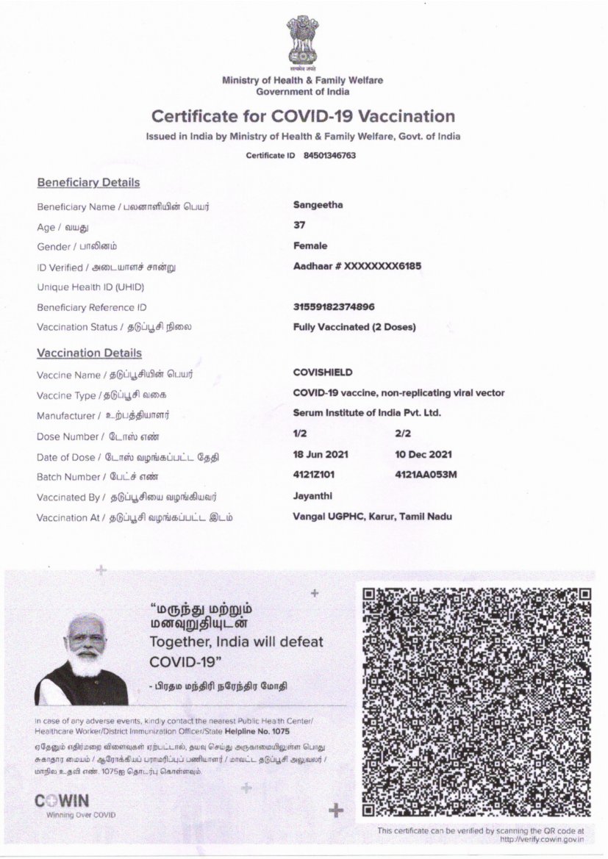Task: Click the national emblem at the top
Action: coord(302,43)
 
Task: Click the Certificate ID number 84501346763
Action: coord(329,156)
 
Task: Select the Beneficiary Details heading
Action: coord(88,182)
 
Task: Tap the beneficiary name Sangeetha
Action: coord(318,205)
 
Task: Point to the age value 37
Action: coord(298,225)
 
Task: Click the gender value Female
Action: coord(310,245)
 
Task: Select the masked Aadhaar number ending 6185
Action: coord(357,266)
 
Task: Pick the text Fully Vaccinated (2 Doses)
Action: coord(354,327)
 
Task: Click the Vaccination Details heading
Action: coord(90,353)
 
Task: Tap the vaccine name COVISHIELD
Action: coord(322,373)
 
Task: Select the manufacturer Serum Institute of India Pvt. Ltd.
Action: coord(366,413)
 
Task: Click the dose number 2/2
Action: coord(403,434)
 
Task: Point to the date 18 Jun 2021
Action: coord(321,455)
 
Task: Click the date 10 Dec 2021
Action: coord(423,455)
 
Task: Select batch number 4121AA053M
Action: coord(426,475)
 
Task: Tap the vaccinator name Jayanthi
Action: coord(312,496)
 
